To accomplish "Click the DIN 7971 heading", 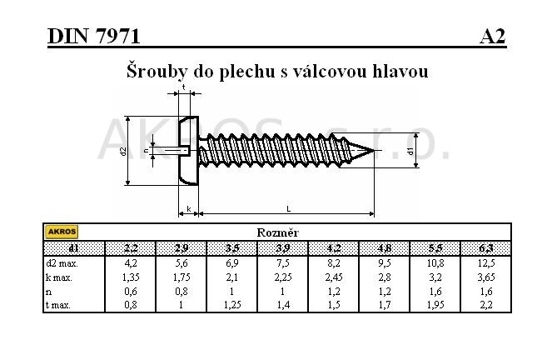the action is click(93, 36).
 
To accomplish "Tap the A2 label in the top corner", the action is click(492, 36).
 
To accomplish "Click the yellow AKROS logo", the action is click(62, 232).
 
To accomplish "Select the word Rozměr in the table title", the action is click(277, 232).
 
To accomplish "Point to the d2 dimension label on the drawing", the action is click(123, 151).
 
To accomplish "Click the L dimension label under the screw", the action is click(289, 209).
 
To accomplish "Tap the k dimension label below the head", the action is click(189, 209).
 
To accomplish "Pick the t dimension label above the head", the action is click(184, 87).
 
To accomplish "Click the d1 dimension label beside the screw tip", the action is click(410, 151).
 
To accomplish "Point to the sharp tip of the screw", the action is click(374, 150).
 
